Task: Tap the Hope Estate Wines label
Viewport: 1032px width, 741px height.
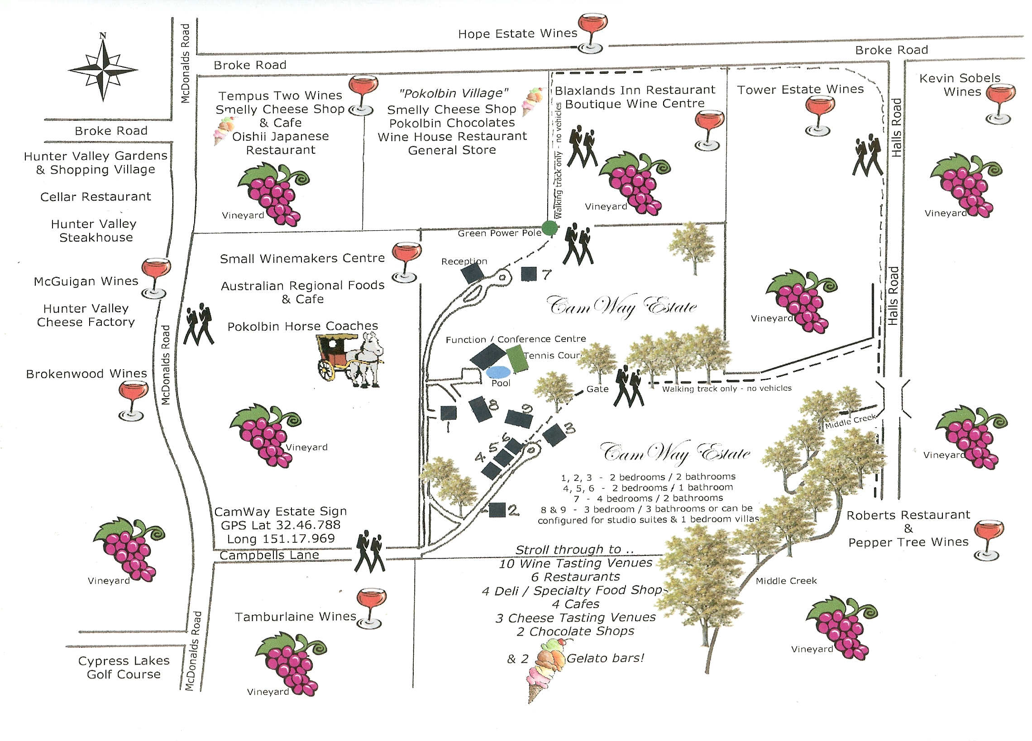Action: pyautogui.click(x=517, y=33)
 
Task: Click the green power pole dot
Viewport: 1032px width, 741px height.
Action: pyautogui.click(x=549, y=227)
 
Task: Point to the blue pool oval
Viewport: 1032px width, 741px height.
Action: pyautogui.click(x=498, y=372)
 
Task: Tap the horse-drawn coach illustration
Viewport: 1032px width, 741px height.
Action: pyautogui.click(x=349, y=359)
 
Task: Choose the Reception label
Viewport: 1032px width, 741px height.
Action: pyautogui.click(x=464, y=261)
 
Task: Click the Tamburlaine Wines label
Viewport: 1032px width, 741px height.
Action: pyautogui.click(x=295, y=617)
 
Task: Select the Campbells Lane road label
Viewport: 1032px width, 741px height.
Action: pyautogui.click(x=269, y=556)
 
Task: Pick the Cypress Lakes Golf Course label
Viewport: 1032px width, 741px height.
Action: pyautogui.click(x=123, y=667)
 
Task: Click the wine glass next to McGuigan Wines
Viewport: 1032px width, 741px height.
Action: pyautogui.click(x=156, y=278)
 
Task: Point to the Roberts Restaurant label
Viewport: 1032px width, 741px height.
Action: pyautogui.click(x=908, y=515)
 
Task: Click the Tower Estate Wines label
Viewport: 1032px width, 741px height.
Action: pyautogui.click(x=800, y=90)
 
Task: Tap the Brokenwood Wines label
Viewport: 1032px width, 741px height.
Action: pyautogui.click(x=86, y=374)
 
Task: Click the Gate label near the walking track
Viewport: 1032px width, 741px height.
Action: pyautogui.click(x=597, y=389)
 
